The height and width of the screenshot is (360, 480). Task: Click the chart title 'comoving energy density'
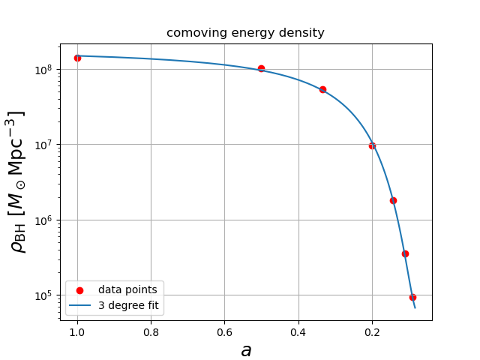coord(245,33)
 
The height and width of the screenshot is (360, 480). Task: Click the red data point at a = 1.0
coord(77,58)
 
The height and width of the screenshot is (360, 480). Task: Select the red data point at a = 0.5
coord(261,68)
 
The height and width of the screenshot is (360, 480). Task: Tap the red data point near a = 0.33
coord(322,89)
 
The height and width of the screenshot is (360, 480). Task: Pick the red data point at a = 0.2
coord(372,145)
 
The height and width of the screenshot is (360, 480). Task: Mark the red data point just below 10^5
coord(412,297)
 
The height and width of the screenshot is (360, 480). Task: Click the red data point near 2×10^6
coord(393,200)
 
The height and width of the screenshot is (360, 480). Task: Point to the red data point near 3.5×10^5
coord(405,253)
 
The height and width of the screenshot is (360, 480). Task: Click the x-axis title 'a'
coord(245,350)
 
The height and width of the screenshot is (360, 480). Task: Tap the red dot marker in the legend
coord(80,290)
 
